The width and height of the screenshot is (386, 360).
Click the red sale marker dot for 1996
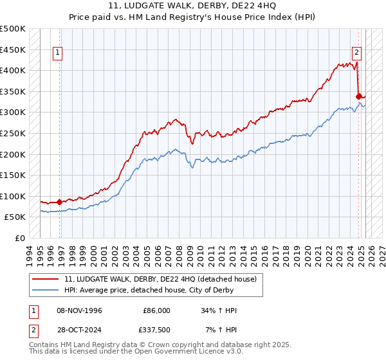coord(60,202)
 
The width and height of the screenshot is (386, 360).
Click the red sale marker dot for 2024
coord(358,96)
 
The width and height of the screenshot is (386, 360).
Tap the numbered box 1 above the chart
coord(58,53)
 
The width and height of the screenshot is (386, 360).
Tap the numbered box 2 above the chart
coord(356,53)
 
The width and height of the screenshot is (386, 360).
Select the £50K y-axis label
coord(15,217)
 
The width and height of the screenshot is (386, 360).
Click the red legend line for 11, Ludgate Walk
coord(46,278)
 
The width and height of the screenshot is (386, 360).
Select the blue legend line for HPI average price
coord(46,289)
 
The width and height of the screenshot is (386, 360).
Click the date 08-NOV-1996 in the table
coord(80,310)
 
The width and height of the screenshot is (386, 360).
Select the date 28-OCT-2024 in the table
coord(80,331)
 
